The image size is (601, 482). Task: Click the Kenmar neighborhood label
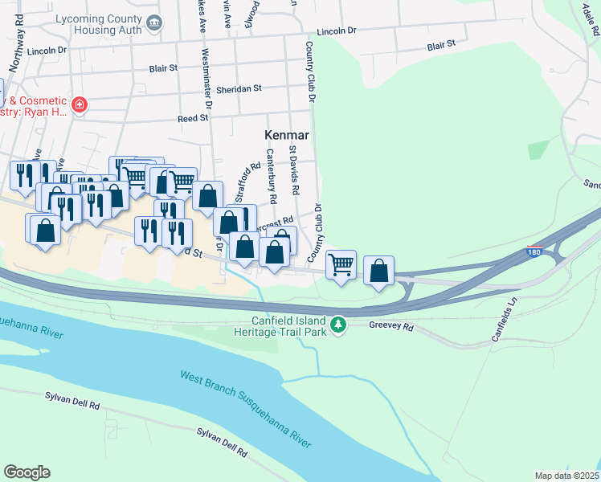287,136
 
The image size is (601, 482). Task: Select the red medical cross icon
79,104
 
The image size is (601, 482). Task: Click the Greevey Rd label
390,327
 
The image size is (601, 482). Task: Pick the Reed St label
193,117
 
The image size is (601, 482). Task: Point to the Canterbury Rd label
271,175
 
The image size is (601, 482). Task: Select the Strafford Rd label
245,182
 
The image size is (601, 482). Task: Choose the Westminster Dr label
206,79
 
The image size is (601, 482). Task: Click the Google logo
27,472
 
